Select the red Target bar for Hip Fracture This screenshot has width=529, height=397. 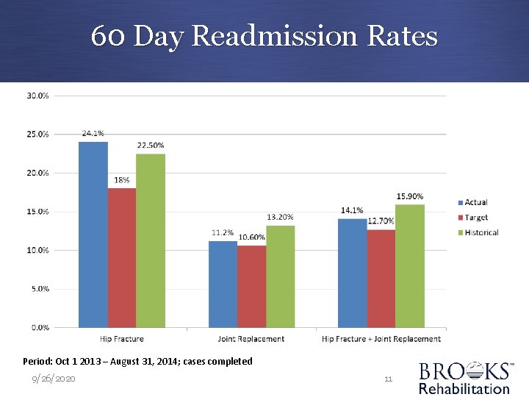pyautogui.click(x=122, y=257)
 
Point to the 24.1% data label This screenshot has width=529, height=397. pyautogui.click(x=93, y=134)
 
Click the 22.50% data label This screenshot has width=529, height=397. pyautogui.click(x=151, y=146)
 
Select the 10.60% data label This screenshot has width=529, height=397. pyautogui.click(x=252, y=237)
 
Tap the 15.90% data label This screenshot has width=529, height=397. pyautogui.click(x=410, y=196)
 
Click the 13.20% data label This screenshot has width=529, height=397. pyautogui.click(x=280, y=217)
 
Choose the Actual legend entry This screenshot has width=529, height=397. pyautogui.click(x=475, y=202)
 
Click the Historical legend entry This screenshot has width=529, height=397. pyautogui.click(x=481, y=232)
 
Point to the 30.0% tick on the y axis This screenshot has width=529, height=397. pyautogui.click(x=38, y=96)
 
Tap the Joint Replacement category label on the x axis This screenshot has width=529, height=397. pyautogui.click(x=251, y=339)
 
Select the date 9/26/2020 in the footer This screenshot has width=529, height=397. pyautogui.click(x=53, y=379)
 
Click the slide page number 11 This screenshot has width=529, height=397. pyautogui.click(x=389, y=379)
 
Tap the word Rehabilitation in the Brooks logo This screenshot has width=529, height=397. pyautogui.click(x=464, y=388)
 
